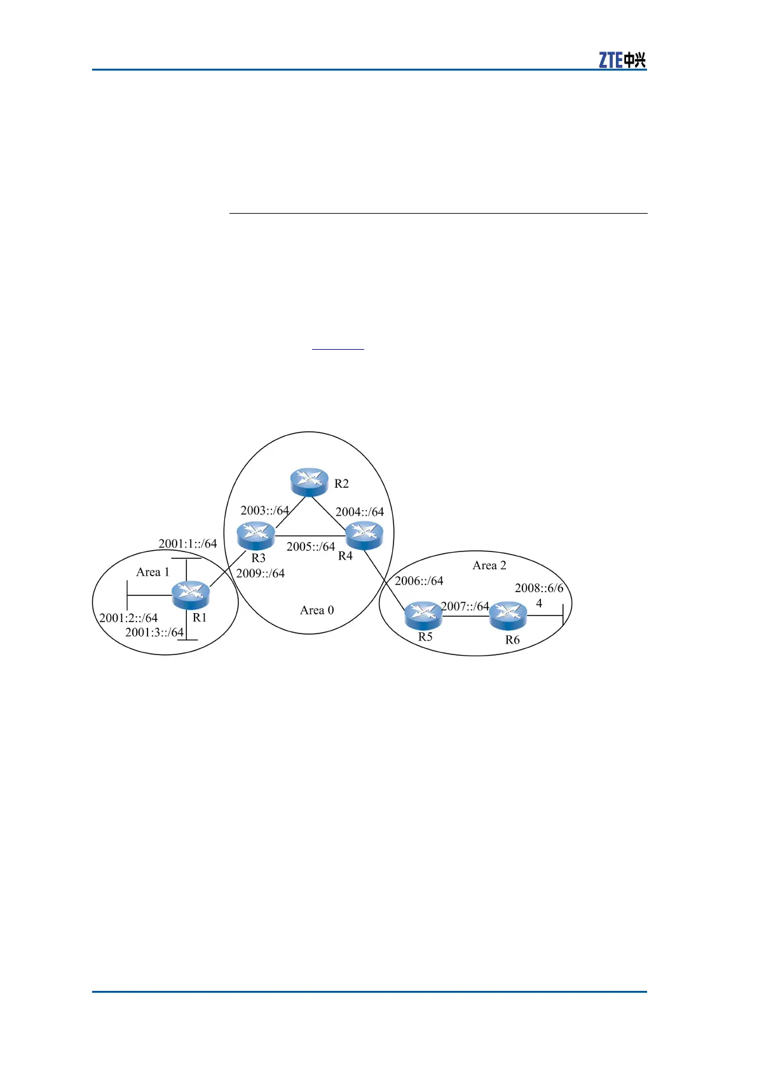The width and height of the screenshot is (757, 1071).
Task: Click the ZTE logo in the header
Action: pos(622,60)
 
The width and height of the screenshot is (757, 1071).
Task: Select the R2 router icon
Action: pos(309,482)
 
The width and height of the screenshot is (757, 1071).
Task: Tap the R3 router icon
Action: pos(256,535)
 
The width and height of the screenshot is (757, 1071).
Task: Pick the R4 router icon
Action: pos(364,535)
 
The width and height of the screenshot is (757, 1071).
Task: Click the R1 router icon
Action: pos(191,595)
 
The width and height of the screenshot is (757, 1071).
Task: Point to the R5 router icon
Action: pos(423,616)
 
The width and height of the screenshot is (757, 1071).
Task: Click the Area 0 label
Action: pos(317,611)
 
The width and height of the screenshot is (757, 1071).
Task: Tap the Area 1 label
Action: pos(153,572)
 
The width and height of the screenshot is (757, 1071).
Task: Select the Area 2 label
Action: pos(489,565)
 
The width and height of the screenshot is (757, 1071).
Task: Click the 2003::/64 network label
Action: pos(264,511)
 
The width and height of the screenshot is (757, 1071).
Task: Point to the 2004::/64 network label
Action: pos(360,512)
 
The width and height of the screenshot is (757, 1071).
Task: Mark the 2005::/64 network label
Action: pos(310,546)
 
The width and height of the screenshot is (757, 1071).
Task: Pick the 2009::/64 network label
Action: pos(261,573)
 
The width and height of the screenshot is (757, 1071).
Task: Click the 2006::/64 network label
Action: pos(419,581)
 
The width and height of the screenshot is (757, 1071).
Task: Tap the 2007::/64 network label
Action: pos(465,606)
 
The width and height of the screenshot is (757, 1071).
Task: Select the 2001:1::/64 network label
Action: pos(188,544)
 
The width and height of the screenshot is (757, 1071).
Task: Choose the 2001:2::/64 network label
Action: pos(128,618)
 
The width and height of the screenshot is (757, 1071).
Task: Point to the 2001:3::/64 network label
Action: pos(154,632)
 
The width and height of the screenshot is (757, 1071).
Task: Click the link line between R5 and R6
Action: pos(466,616)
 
